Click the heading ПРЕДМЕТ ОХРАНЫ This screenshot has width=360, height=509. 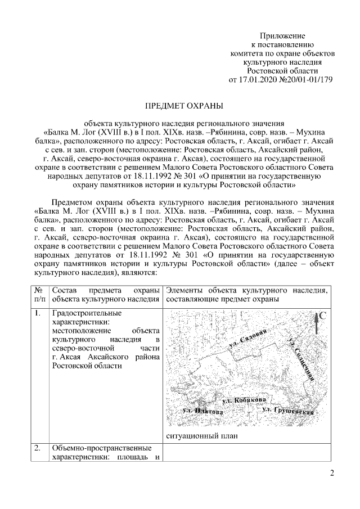184,105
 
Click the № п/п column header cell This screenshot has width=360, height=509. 38,294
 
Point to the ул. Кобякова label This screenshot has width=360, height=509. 244,400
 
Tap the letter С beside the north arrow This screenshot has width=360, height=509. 324,316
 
